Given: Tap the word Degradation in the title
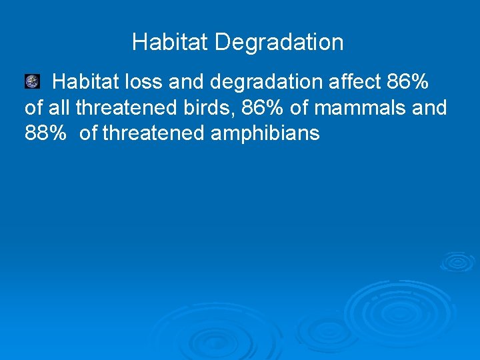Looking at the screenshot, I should [x=279, y=43].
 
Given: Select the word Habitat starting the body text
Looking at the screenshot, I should [x=87, y=83].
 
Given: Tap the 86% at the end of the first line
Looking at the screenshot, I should [x=407, y=83].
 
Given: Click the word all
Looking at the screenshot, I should [x=59, y=107].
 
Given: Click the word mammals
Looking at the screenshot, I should [x=368, y=107].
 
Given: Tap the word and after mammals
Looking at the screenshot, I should [x=430, y=107].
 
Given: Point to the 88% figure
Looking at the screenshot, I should [x=45, y=133].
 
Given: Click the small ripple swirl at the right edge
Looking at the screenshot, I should [x=457, y=261].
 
